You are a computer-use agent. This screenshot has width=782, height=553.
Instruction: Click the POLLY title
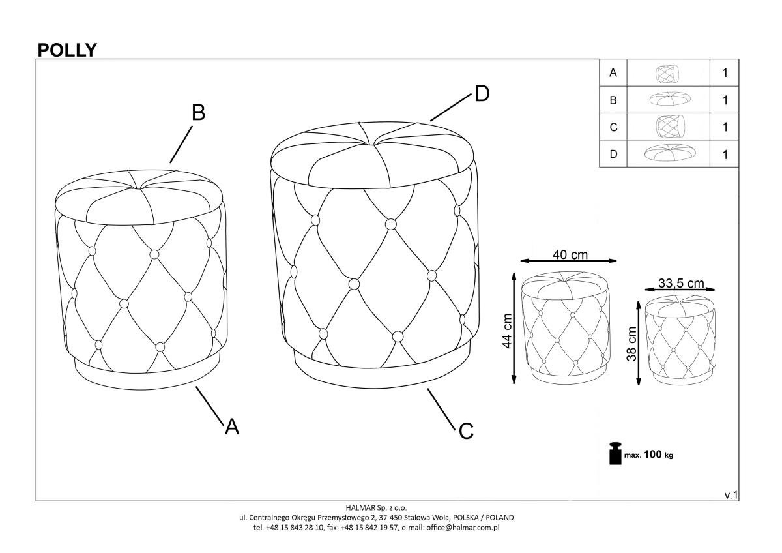(x=67, y=50)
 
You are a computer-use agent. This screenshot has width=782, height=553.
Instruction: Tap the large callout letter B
(x=199, y=113)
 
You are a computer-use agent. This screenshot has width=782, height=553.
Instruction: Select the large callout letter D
(x=482, y=94)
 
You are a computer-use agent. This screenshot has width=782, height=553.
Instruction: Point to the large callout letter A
(x=232, y=427)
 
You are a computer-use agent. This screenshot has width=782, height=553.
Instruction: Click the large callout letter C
(x=466, y=431)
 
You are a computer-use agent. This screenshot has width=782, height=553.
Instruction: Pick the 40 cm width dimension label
(x=570, y=255)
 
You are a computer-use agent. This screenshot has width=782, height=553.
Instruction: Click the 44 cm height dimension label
(x=507, y=331)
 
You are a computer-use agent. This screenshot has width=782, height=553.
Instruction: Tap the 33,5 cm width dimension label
(x=681, y=283)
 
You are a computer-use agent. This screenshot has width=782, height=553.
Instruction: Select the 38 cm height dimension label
(x=632, y=344)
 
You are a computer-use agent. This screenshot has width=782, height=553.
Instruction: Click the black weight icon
(x=615, y=453)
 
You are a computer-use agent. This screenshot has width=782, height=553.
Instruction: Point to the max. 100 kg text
(x=648, y=455)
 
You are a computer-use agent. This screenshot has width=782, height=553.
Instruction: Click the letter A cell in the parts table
(x=613, y=72)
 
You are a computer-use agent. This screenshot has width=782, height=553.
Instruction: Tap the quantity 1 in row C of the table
(x=725, y=127)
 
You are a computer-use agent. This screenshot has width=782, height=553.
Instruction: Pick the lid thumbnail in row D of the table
(x=670, y=153)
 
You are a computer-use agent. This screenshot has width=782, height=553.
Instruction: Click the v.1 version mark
(x=731, y=495)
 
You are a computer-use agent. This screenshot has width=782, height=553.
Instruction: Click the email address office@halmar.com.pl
(x=463, y=528)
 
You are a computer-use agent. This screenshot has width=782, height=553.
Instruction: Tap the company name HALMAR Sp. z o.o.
(x=377, y=507)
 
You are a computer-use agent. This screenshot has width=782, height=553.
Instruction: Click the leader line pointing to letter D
(x=451, y=108)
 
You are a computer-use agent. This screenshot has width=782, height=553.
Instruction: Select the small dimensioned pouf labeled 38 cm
(x=680, y=340)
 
